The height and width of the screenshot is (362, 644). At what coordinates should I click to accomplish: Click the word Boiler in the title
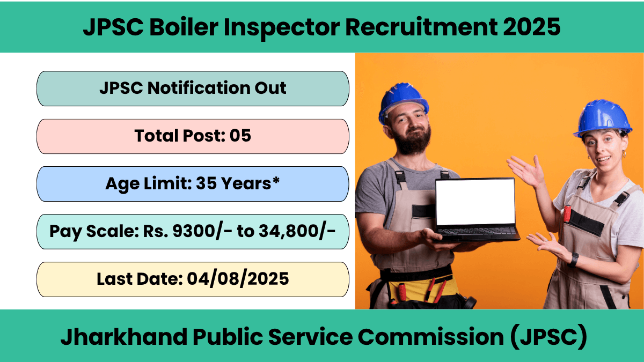(x=184, y=27)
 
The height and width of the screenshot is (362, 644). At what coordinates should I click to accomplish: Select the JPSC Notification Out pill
(x=193, y=89)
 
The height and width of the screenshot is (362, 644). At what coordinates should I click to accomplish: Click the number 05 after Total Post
(x=240, y=136)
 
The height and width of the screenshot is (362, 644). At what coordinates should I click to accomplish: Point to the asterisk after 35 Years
(x=276, y=181)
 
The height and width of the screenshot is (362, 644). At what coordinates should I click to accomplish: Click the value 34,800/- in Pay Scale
(x=297, y=231)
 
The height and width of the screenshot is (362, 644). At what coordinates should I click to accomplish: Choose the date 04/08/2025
(x=238, y=279)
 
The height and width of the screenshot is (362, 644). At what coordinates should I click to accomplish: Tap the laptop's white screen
(x=475, y=202)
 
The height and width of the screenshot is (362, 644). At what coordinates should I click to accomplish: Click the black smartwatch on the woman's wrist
(x=573, y=260)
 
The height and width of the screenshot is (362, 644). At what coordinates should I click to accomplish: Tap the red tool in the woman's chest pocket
(x=567, y=214)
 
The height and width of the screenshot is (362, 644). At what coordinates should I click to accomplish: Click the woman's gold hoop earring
(x=624, y=154)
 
